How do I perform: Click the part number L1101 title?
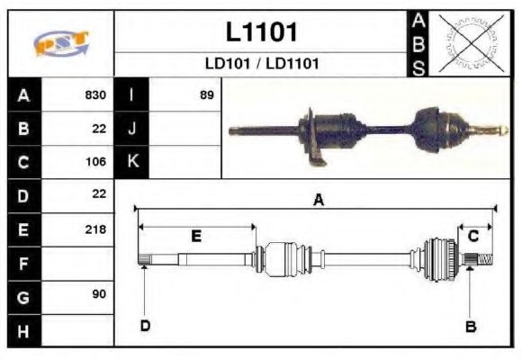coord(261,32)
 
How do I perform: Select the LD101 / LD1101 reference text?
coord(261,65)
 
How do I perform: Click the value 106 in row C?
coord(95,162)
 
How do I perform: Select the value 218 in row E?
coord(95,229)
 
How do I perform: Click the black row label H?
coord(22,330)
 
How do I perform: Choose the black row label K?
coord(132,162)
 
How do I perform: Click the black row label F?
coord(22,263)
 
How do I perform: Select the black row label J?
coord(132,129)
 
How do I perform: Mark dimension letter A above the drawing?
coord(318,201)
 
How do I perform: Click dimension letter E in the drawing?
coord(196,236)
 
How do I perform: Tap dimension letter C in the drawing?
coord(472,236)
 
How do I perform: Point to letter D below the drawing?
coord(144,326)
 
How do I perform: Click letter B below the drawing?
coord(470,326)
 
